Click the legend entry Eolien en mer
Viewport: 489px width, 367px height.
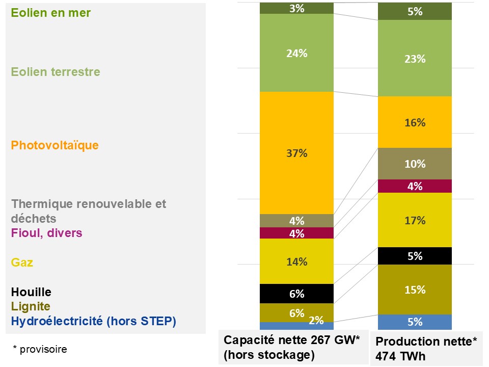pos(51,13)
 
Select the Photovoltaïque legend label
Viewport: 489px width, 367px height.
pos(55,145)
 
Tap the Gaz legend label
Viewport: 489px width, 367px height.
pos(22,263)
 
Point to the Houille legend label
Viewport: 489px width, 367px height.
pos(31,292)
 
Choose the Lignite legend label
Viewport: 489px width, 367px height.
pos(31,306)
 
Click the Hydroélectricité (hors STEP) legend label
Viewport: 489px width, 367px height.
pos(94,321)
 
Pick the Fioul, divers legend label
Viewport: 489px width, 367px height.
pos(46,233)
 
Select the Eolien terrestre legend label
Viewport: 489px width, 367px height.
pos(56,72)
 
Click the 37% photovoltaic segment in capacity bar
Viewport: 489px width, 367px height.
pos(296,153)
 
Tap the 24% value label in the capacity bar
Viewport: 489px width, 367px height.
pos(297,54)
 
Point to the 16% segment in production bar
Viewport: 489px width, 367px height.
pos(415,122)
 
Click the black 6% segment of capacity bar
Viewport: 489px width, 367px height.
pos(296,294)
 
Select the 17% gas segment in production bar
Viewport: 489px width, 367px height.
pos(415,220)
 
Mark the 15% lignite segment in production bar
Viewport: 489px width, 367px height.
pos(415,290)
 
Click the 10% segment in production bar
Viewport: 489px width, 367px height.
pos(415,164)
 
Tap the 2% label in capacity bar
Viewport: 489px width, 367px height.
pos(316,320)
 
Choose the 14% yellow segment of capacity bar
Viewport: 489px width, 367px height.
pos(296,261)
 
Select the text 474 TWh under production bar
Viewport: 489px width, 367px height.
pos(400,356)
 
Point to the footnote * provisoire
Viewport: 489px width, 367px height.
pos(40,349)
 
